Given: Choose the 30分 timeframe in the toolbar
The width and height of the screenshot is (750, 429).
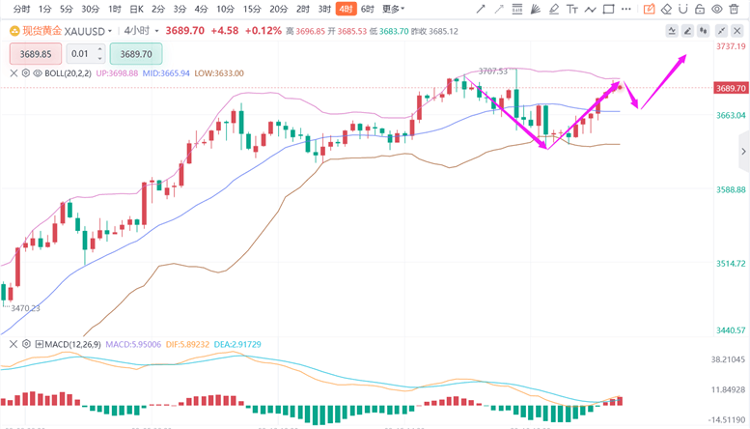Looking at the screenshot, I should click(90, 9).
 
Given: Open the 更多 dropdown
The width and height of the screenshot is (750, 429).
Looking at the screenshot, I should click(392, 9).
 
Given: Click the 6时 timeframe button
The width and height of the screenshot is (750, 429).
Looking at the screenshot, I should click(367, 9).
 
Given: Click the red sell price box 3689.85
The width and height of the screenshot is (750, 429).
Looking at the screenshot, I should click(36, 54).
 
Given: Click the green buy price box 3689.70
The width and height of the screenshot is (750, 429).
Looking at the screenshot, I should click(136, 54).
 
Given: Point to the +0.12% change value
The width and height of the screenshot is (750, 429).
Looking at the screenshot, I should click(263, 30).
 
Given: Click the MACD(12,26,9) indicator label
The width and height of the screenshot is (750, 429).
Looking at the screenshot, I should click(74, 344).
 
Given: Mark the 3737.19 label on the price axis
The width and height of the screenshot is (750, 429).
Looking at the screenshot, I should click(731, 46).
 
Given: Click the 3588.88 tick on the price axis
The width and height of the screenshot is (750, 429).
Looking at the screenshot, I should click(731, 189).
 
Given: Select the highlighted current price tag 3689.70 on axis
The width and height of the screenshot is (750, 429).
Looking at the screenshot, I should click(731, 88).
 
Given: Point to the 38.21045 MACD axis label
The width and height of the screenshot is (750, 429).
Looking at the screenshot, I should click(731, 358).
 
